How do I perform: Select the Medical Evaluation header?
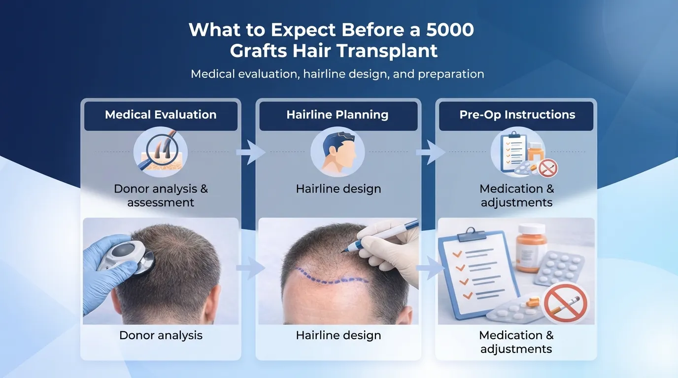tap(161, 115)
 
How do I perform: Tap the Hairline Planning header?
tap(338, 115)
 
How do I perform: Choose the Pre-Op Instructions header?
tap(517, 115)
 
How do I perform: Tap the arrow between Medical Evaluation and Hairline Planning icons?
tap(250, 153)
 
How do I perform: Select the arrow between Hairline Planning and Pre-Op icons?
tap(429, 153)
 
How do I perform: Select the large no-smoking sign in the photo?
tap(565, 302)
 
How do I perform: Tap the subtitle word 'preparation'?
tap(451, 74)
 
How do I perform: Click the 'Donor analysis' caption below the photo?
tap(161, 336)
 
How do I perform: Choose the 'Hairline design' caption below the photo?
tap(339, 336)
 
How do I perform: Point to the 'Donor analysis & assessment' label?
tap(161, 195)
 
